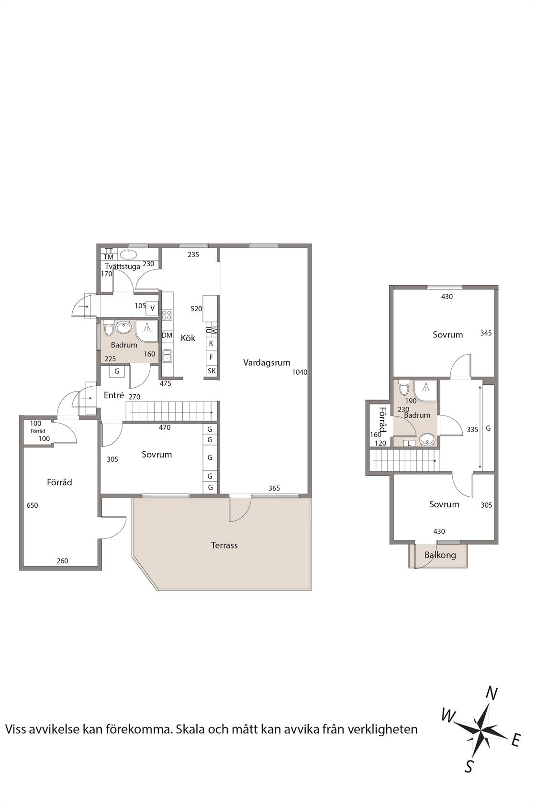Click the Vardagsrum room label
267,363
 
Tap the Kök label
188,338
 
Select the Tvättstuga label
123,267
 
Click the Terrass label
224,545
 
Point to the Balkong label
440,555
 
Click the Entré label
114,395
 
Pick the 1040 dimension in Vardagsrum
300,372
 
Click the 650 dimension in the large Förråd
33,505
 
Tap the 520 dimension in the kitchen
196,309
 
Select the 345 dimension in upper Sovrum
486,333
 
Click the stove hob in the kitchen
167,315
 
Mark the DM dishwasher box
167,335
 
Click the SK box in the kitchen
212,371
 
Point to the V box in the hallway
152,308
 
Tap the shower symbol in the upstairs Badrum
425,389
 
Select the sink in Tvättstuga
128,255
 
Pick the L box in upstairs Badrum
409,444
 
